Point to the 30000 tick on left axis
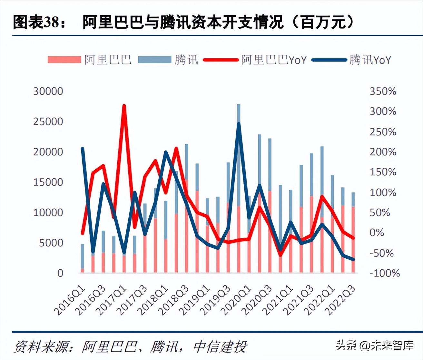pyautogui.click(x=48, y=91)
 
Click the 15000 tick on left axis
pyautogui.click(x=48, y=182)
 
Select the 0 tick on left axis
pyautogui.click(x=60, y=273)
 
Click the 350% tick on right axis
pyautogui.click(x=383, y=91)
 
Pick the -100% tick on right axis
pyautogui.click(x=384, y=273)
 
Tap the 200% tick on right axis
pyautogui.click(x=383, y=152)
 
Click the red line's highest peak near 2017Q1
pyautogui.click(x=124, y=106)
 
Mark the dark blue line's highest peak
pyautogui.click(x=239, y=124)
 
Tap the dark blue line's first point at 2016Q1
pyautogui.click(x=83, y=149)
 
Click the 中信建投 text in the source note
pyautogui.click(x=220, y=347)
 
